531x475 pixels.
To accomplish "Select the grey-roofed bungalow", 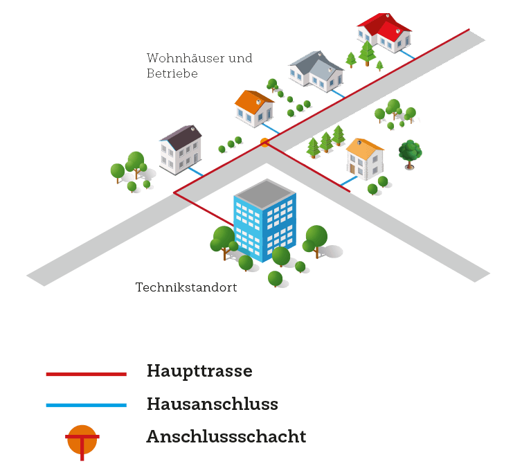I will pyautogui.click(x=316, y=71).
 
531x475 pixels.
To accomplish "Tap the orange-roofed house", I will pyautogui.click(x=254, y=109).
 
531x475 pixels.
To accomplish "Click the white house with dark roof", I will pyautogui.click(x=181, y=148).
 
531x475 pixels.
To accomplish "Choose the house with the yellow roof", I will pyautogui.click(x=365, y=159).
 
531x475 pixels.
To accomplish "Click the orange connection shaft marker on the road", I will pyautogui.click(x=264, y=143).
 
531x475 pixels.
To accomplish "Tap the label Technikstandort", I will pyautogui.click(x=186, y=287).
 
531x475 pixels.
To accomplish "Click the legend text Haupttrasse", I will pyautogui.click(x=199, y=371).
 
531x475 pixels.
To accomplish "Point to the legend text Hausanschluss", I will pyautogui.click(x=213, y=404).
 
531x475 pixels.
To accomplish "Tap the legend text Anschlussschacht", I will pyautogui.click(x=226, y=437).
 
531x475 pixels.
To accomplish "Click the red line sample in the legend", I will pyautogui.click(x=86, y=374).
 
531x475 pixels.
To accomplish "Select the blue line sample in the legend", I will pyautogui.click(x=86, y=405).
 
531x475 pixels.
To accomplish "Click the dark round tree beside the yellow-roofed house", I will pyautogui.click(x=411, y=152).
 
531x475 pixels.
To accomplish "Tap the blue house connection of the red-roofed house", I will pyautogui.click(x=408, y=53).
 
